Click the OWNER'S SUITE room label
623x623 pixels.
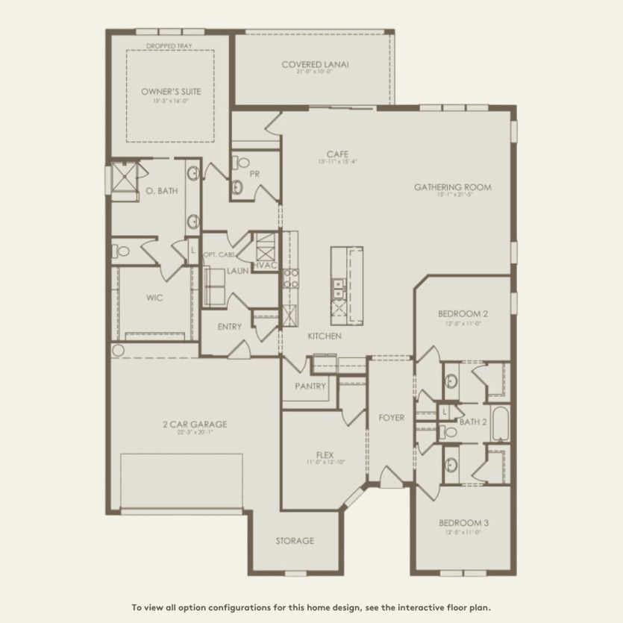click(171, 92)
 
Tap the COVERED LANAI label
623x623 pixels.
click(316, 64)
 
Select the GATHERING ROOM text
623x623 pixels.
click(453, 187)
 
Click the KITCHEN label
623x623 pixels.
click(325, 336)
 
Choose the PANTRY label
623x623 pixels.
click(310, 386)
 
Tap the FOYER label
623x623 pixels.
click(392, 418)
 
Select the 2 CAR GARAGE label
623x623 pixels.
click(195, 425)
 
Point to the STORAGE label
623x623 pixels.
click(295, 541)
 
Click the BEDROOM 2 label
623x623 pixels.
click(463, 314)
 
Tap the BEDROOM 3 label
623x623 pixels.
click(463, 523)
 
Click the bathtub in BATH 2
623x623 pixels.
click(499, 423)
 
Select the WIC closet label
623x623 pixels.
click(154, 297)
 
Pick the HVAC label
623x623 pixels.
click(264, 265)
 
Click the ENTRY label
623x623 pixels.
click(229, 327)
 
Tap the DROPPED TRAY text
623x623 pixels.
click(171, 46)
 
